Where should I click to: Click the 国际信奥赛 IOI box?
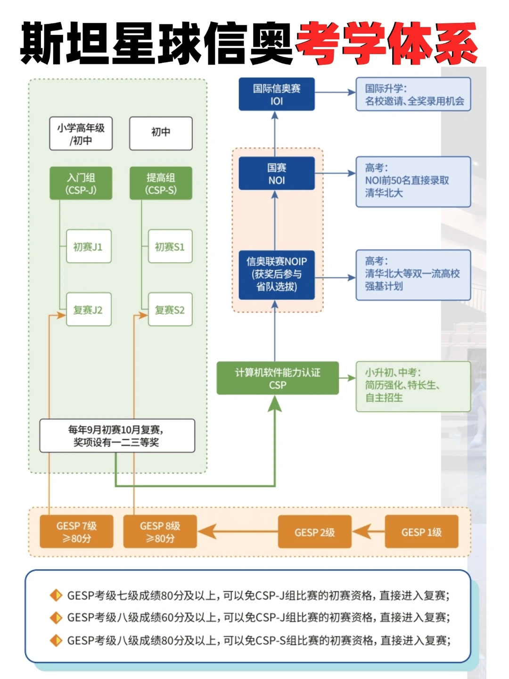pos(277,94)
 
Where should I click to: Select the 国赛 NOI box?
pos(277,174)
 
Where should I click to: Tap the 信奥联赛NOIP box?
pos(277,274)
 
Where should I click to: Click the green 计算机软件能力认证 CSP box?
pos(278,378)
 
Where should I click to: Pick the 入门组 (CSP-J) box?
pos(81,183)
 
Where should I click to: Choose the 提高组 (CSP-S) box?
pos(161,183)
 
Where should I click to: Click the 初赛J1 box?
pos(89,246)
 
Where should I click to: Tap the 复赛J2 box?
pos(89,309)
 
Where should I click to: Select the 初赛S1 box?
pos(170,246)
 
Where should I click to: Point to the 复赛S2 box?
pos(170,309)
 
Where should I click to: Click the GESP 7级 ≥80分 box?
pos(76,532)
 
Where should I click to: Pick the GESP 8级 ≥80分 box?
pos(160,532)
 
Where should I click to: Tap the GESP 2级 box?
pos(314,532)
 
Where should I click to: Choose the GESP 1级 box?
pos(421,532)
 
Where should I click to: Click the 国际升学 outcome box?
pos(413,94)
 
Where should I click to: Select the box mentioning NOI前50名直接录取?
pos(413,182)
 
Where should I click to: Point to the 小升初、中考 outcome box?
pos(413,386)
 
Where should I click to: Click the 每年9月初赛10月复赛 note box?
pos(117,436)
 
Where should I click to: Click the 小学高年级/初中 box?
pos(81,134)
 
